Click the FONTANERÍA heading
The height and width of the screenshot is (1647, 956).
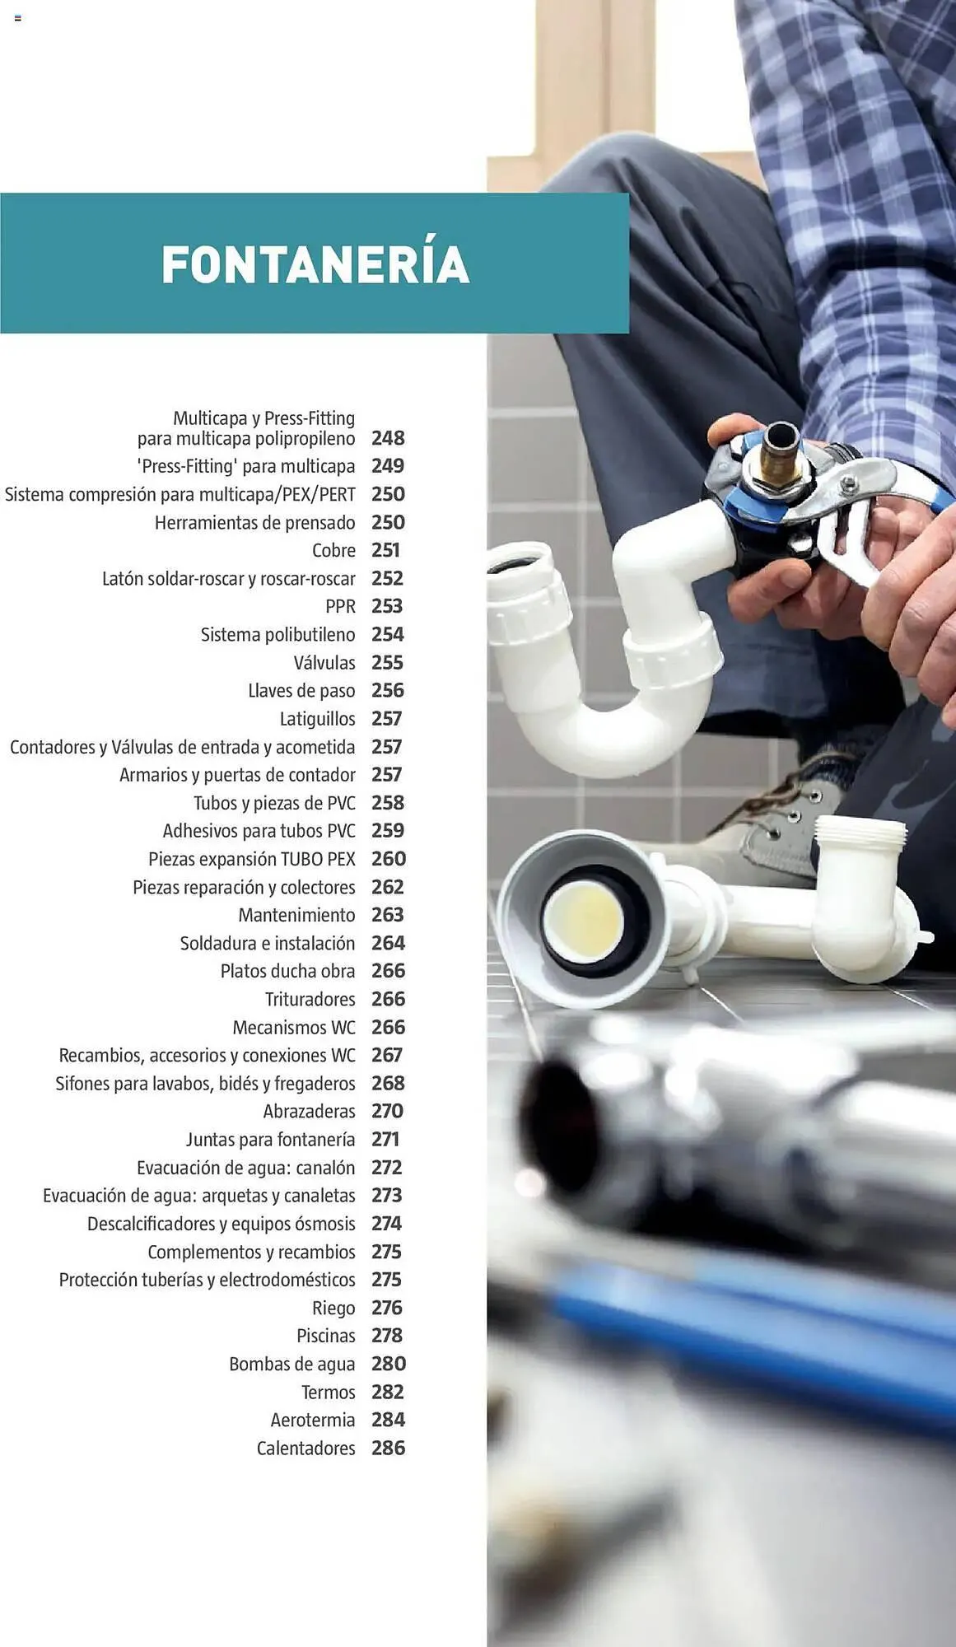pos(315,264)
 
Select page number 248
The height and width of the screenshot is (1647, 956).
pos(388,438)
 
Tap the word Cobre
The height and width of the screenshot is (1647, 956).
pos(333,550)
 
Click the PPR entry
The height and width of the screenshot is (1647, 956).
pos(340,606)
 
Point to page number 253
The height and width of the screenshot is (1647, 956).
pos(387,606)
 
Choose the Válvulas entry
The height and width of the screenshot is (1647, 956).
pos(324,662)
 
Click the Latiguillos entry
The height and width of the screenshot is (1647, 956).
pos(318,719)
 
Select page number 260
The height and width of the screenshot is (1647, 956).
pos(389,859)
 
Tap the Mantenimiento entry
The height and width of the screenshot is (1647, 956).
pos(296,915)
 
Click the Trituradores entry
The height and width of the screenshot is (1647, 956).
pos(310,999)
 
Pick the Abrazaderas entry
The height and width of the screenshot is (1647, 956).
pos(310,1111)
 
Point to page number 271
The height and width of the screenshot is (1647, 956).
pos(385,1139)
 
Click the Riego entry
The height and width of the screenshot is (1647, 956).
pos(333,1308)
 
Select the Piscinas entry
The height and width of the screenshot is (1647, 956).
pos(326,1336)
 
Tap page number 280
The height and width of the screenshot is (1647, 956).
pos(389,1364)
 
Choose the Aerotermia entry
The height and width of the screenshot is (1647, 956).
pos(313,1420)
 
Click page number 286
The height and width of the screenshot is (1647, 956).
pos(389,1448)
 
